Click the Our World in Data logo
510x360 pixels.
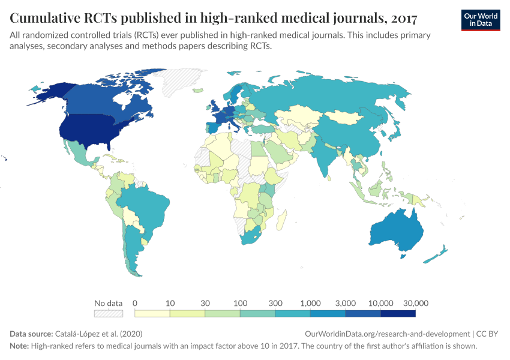(481, 20)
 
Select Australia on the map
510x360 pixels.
(397, 231)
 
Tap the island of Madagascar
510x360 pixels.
(280, 221)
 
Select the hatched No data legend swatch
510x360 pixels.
(109, 313)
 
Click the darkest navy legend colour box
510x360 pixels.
(398, 313)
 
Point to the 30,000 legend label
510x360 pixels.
(415, 303)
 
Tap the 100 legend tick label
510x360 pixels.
(240, 303)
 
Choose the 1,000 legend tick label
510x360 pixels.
(310, 303)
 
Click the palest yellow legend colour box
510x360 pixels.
(152, 313)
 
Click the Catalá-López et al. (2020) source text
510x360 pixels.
(98, 334)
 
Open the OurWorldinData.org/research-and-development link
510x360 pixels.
(387, 334)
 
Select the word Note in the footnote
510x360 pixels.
(19, 346)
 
